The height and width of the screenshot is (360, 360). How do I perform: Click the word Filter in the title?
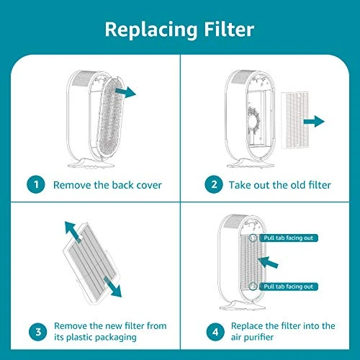pyautogui.click(x=229, y=30)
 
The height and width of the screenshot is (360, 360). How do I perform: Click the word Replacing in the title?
pyautogui.click(x=150, y=31)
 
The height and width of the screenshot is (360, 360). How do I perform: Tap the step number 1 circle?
pyautogui.click(x=36, y=184)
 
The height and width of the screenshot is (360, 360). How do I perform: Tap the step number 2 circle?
pyautogui.click(x=214, y=184)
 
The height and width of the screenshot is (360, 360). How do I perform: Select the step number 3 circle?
pyautogui.click(x=38, y=332)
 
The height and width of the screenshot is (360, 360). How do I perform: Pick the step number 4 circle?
pyautogui.click(x=215, y=332)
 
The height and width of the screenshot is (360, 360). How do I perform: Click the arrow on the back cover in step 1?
pyautogui.click(x=125, y=92)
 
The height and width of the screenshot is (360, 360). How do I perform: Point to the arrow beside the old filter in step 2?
pyautogui.click(x=314, y=121)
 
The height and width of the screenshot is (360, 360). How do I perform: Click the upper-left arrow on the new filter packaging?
pyautogui.click(x=73, y=232)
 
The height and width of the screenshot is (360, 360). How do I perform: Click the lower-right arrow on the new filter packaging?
pyautogui.click(x=113, y=287)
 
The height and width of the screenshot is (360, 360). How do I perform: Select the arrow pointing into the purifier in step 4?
pyautogui.click(x=268, y=262)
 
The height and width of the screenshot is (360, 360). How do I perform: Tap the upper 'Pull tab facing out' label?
pyautogui.click(x=288, y=238)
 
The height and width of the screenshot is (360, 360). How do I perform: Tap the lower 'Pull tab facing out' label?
pyautogui.click(x=288, y=287)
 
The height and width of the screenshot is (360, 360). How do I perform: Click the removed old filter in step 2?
pyautogui.click(x=294, y=120)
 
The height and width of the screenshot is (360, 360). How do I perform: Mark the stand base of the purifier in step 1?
pyautogui.click(x=91, y=163)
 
